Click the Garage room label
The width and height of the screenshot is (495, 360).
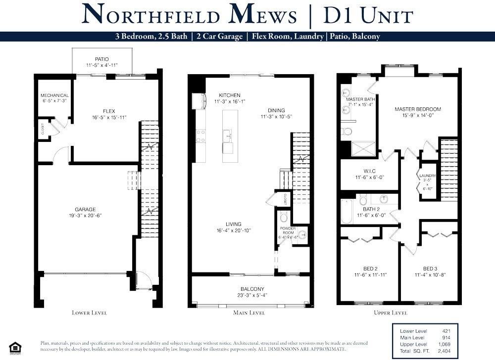click(x=85, y=209)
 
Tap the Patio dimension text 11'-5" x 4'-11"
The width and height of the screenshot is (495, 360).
click(x=102, y=65)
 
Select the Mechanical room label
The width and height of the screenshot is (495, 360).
click(x=54, y=95)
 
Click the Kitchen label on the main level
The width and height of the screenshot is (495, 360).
click(x=230, y=95)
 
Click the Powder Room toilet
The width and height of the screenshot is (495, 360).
click(x=284, y=217)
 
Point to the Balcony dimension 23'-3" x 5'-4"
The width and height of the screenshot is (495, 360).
click(x=252, y=296)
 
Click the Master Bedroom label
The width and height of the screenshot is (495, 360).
click(x=417, y=109)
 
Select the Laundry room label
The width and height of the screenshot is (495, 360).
click(x=428, y=176)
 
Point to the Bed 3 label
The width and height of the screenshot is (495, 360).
click(x=430, y=269)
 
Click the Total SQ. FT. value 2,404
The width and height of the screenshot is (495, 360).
click(x=443, y=351)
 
